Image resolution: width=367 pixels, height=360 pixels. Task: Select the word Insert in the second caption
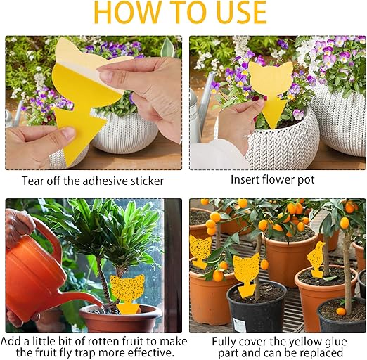click(245, 180)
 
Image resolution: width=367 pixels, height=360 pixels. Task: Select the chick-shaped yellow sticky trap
click(316, 259)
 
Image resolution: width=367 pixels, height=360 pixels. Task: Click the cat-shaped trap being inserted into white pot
click(271, 89)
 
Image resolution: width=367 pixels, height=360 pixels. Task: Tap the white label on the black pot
click(238, 324)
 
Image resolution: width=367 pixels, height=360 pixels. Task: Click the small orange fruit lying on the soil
click(340, 311)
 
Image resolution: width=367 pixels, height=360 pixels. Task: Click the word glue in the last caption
click(335, 342)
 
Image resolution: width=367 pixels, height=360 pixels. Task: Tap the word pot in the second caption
click(306, 180)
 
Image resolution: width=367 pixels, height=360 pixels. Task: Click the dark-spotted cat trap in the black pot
click(247, 275)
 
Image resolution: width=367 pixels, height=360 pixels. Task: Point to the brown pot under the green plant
click(121, 319)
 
